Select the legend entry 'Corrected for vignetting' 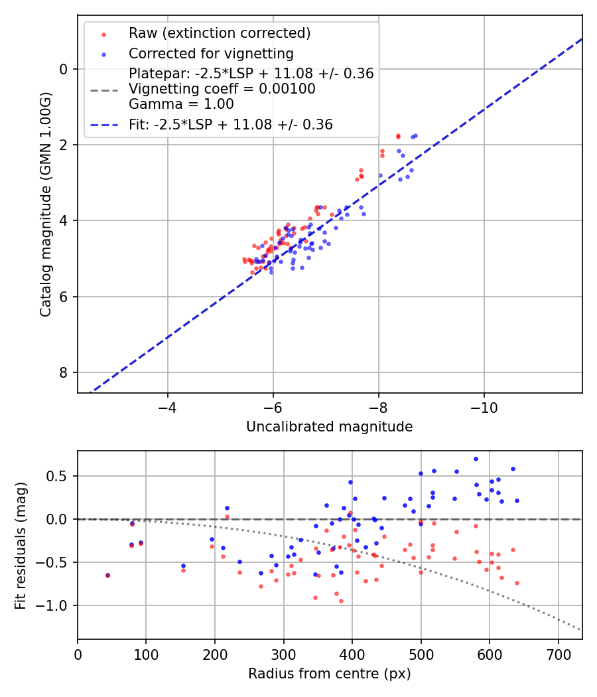coord(211,53)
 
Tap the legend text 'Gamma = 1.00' coord(181,104)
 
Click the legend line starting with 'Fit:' coord(231,124)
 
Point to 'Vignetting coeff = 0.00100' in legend coord(222,89)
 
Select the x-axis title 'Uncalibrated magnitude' coord(329,427)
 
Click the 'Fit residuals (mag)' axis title coord(21,546)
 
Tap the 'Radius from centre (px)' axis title coord(329,674)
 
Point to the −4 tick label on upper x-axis coord(167,406)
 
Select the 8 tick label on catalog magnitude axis coord(64,372)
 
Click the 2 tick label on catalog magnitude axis coord(64,145)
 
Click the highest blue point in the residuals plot coord(476,459)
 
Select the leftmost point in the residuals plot coord(107,576)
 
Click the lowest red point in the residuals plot coord(341,601)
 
